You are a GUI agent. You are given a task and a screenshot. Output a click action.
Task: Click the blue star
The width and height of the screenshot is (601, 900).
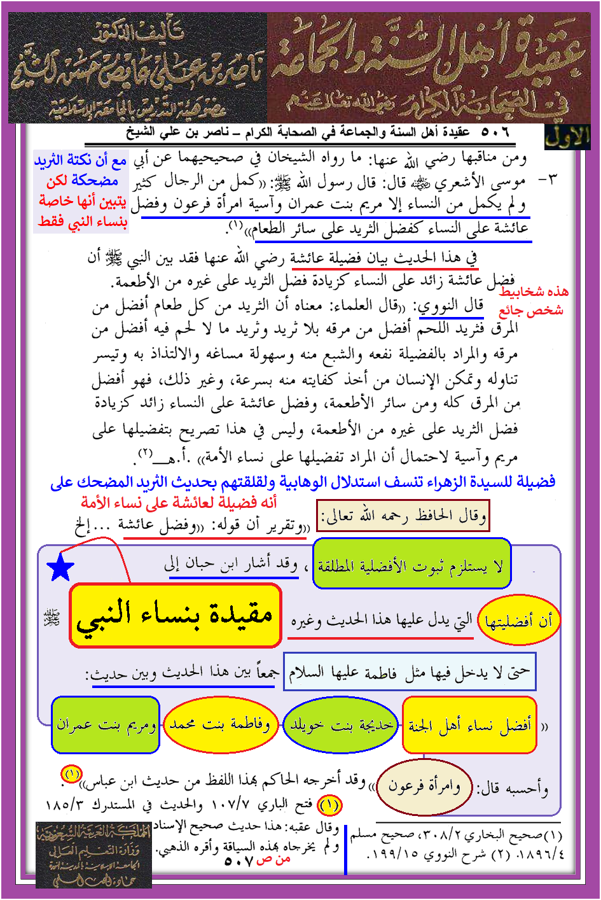61,567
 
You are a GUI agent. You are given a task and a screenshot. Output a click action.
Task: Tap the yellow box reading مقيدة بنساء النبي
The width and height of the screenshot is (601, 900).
175,615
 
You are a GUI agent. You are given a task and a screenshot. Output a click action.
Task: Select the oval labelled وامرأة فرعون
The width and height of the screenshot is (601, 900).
424,787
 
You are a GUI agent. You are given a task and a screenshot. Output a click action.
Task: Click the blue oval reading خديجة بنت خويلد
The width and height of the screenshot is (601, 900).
341,724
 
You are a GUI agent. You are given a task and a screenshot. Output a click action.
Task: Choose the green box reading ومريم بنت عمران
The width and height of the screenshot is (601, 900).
106,724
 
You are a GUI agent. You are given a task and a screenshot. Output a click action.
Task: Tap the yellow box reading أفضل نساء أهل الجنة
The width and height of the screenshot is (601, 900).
470,724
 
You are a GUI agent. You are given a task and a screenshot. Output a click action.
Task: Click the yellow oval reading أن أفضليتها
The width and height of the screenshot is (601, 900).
518,621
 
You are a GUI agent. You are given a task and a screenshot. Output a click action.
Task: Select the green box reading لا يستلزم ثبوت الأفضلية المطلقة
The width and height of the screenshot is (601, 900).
411,565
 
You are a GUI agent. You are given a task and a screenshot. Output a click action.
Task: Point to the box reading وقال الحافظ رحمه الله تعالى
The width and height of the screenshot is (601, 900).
403,516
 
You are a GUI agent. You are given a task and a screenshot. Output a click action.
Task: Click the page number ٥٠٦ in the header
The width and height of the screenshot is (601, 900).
495,132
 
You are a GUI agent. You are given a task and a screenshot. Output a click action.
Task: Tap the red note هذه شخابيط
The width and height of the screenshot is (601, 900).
534,292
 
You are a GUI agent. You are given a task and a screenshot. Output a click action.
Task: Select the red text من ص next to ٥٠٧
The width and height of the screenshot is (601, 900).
273,859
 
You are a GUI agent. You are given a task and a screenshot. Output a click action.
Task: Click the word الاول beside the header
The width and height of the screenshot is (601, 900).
567,136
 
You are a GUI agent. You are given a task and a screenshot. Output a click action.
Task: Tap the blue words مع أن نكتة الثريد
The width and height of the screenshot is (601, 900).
81,161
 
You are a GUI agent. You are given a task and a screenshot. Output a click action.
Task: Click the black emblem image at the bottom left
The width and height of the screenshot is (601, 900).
93,854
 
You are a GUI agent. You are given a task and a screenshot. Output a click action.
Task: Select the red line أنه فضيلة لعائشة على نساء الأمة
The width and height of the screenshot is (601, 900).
179,502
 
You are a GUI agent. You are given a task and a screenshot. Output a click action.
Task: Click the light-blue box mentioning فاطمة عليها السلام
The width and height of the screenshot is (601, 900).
409,671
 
